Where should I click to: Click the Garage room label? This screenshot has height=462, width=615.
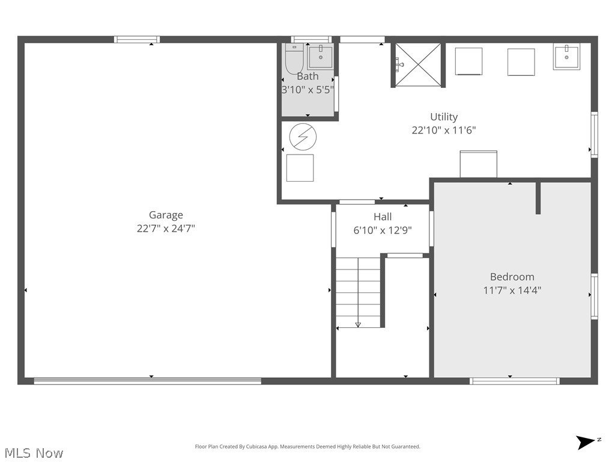[x=166, y=215]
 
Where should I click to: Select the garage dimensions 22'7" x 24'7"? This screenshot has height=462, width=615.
[x=166, y=229]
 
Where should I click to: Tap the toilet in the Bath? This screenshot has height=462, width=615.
[x=294, y=60]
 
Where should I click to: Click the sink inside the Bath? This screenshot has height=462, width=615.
[x=320, y=58]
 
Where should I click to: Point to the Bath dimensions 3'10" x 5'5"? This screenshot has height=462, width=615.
[x=307, y=90]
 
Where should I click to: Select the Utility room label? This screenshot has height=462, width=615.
[x=444, y=117]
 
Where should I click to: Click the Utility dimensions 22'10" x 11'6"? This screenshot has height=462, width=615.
[x=444, y=130]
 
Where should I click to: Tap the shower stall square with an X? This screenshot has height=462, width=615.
[x=418, y=64]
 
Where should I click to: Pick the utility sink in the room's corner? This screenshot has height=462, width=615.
[x=566, y=57]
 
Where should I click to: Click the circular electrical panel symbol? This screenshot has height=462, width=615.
[x=303, y=137]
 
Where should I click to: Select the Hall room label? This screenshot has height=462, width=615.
[x=383, y=217]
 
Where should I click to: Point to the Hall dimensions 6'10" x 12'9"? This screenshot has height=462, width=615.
[x=383, y=230]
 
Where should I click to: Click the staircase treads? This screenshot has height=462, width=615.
[x=358, y=289]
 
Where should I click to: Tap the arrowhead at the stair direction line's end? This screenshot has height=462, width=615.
[x=358, y=325]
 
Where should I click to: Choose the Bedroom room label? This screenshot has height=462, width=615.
[x=512, y=277]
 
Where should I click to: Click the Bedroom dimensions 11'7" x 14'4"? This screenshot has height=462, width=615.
[x=512, y=290]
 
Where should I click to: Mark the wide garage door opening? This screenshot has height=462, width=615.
[x=147, y=380]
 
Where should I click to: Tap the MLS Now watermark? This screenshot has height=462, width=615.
[x=33, y=452]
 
